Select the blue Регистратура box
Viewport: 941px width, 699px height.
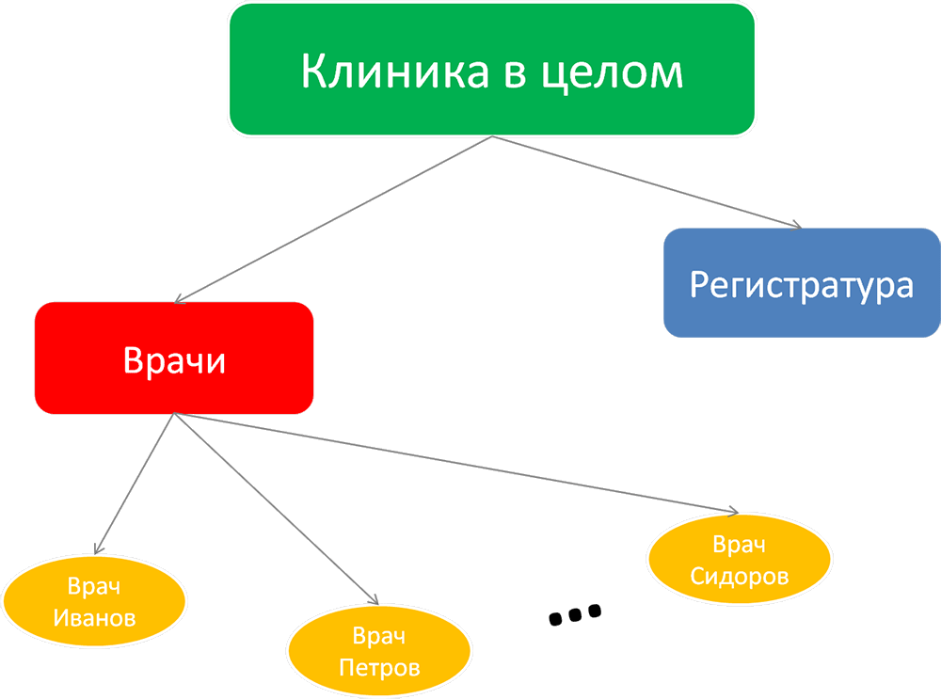802,283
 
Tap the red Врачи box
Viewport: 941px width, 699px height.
174,358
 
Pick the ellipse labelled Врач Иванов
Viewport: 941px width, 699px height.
94,602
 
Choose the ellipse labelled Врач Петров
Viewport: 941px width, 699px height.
379,653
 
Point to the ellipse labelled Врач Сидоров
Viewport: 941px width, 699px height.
740,561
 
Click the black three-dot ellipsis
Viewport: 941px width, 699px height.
574,614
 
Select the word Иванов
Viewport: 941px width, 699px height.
94,618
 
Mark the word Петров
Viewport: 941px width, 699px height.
379,669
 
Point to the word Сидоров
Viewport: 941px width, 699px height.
740,576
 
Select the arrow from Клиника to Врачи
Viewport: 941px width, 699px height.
329,221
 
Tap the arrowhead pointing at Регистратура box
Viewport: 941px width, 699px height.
796,226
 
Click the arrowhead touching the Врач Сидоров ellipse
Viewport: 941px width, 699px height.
732,511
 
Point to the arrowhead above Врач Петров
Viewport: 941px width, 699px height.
374,600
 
